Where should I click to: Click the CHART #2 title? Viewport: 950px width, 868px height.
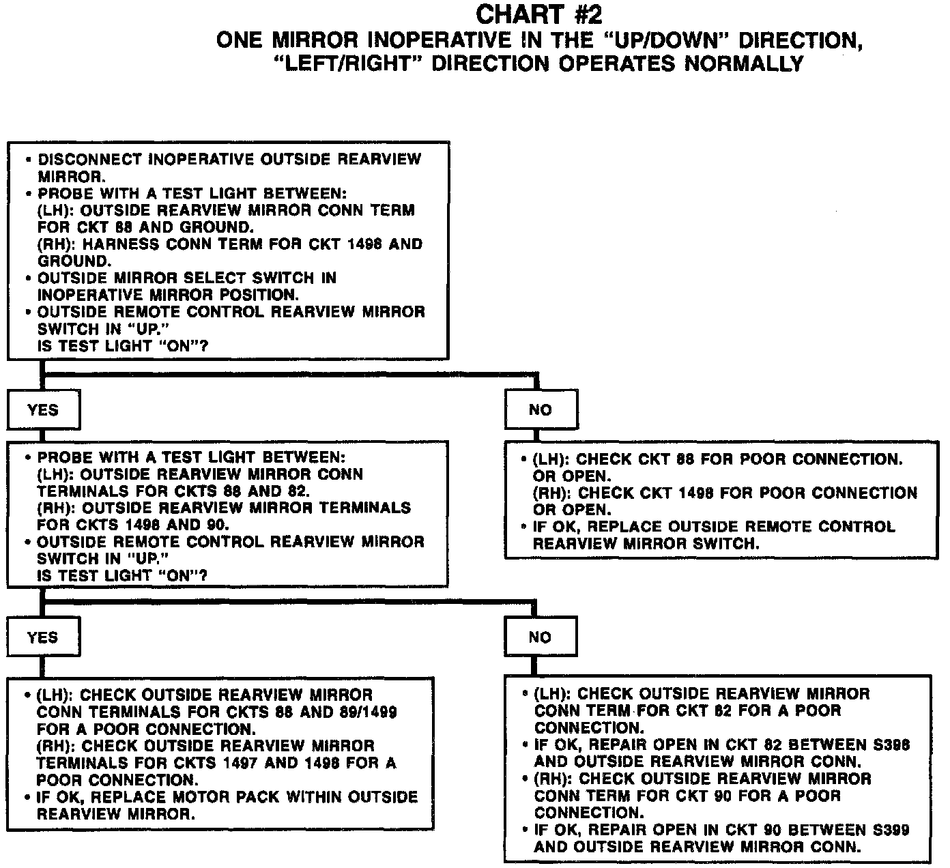click(x=539, y=15)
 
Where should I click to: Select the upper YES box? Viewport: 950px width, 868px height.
click(x=43, y=410)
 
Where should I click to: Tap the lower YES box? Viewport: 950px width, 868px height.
click(x=43, y=637)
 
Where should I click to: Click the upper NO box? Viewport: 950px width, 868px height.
click(x=541, y=410)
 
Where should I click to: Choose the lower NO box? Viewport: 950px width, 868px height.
click(x=540, y=637)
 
